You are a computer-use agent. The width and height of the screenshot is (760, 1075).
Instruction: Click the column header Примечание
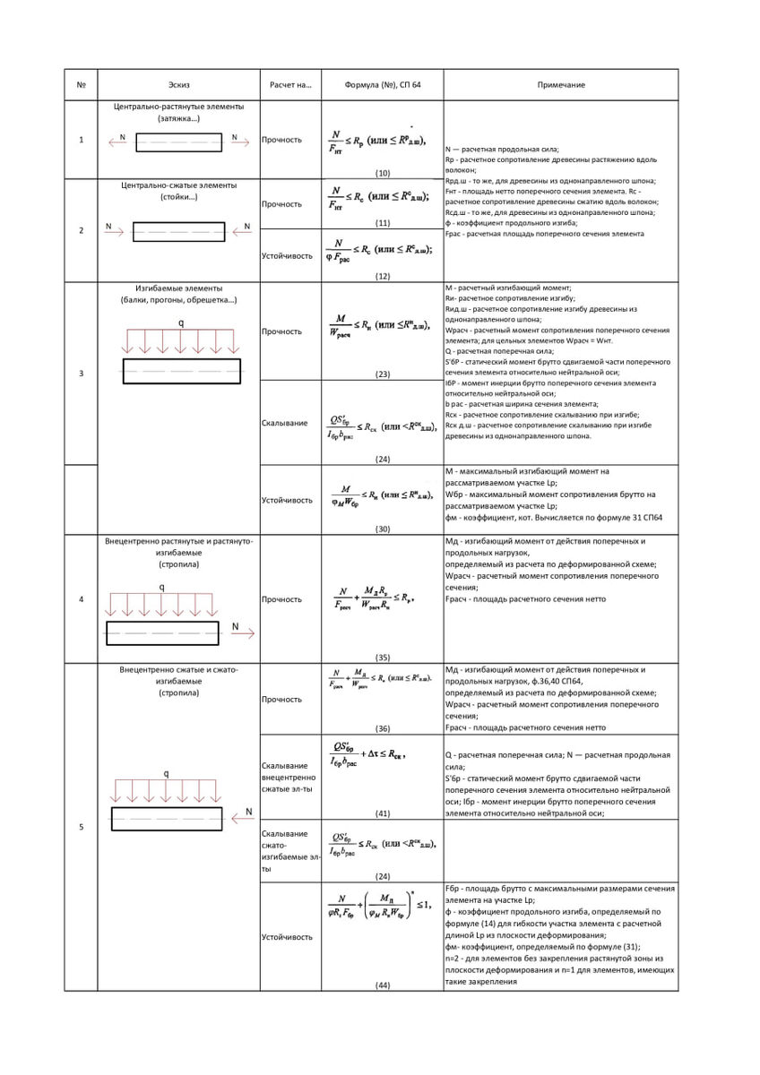click(561, 85)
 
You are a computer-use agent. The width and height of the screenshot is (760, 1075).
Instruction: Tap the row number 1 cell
click(82, 140)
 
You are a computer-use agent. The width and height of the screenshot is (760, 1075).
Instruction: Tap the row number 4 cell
click(82, 598)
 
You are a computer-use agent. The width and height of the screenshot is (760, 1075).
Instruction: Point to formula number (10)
click(383, 172)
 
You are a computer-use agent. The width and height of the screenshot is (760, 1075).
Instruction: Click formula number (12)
click(383, 276)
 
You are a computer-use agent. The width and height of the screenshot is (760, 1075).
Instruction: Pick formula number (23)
click(383, 374)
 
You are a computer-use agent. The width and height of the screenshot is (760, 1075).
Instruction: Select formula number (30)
click(383, 529)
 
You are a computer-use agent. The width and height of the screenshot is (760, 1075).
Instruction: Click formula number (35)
click(383, 657)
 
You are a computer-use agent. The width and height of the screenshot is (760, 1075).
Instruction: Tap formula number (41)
click(383, 813)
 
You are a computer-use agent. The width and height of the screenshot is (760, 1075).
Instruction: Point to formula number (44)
click(383, 985)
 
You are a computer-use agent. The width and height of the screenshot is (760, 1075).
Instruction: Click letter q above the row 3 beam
click(181, 322)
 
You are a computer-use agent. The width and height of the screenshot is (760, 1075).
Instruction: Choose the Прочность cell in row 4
click(281, 598)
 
